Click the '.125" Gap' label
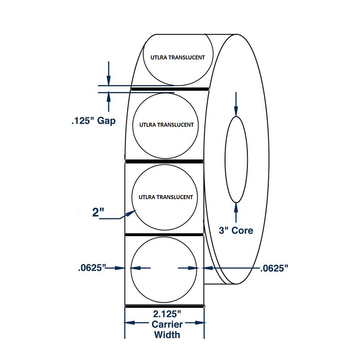coord(94,121)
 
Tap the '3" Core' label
coord(236,230)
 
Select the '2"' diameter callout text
coord(98,212)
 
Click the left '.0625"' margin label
coord(92,268)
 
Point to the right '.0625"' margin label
coord(274,268)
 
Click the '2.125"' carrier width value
coord(167,314)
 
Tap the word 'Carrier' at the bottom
coord(167,324)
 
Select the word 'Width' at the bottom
coord(167,335)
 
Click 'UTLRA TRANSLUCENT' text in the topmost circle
coord(178,57)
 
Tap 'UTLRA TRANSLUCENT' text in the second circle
coord(166,125)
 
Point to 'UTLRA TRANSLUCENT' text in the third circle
coord(166,197)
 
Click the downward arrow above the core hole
coord(236,104)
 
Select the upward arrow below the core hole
coord(236,213)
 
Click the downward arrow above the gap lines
coord(109,73)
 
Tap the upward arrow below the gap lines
coord(109,102)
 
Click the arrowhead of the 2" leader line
coord(131,213)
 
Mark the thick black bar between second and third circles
coord(164,161)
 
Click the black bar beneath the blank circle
coord(165,306)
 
